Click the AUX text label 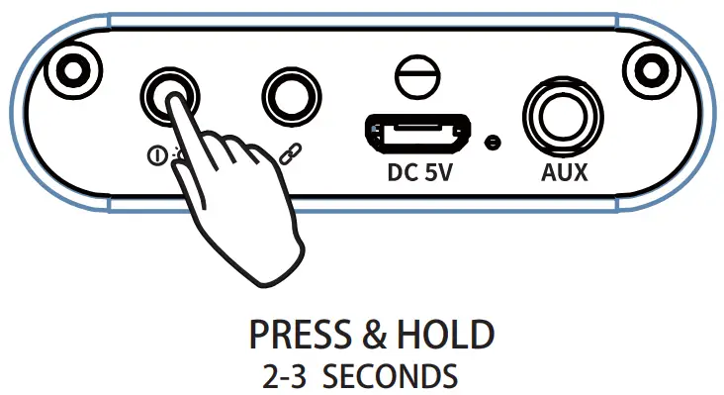point(565,173)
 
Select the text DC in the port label point(402,174)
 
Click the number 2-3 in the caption point(288,376)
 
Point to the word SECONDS point(391,376)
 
